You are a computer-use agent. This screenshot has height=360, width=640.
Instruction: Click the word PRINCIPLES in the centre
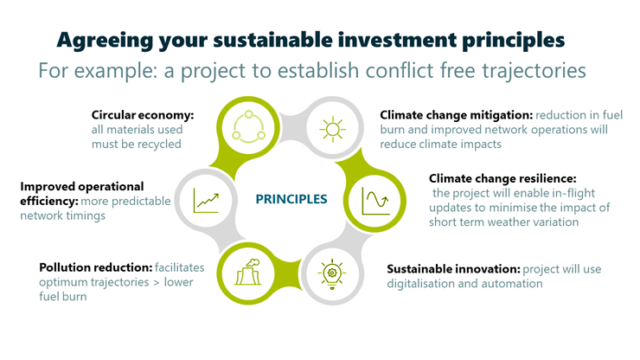tap(291, 199)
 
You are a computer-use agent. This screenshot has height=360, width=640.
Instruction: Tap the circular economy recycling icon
tap(248, 127)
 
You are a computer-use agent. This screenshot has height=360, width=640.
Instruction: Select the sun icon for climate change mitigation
tap(333, 129)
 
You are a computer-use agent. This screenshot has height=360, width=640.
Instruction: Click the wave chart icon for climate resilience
tap(375, 201)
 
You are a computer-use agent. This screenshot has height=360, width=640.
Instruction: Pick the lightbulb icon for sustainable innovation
tap(332, 273)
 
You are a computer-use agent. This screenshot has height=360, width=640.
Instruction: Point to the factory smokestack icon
tap(247, 272)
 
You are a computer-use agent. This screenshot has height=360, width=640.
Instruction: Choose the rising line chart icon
tap(207, 201)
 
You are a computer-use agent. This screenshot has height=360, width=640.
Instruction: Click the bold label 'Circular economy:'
tap(143, 115)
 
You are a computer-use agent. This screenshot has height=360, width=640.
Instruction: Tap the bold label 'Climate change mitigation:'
tap(457, 115)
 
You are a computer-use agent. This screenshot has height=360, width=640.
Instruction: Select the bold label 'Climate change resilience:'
tap(502, 178)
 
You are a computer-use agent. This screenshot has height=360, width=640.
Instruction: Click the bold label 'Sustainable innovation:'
tap(453, 269)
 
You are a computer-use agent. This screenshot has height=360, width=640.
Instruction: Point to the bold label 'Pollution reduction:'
tap(95, 267)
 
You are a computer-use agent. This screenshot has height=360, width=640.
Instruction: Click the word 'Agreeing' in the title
tap(105, 41)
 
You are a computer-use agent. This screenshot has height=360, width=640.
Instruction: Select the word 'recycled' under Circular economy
tap(158, 145)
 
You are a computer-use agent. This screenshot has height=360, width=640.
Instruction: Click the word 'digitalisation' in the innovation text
tap(422, 284)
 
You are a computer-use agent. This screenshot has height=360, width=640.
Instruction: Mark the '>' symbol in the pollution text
tap(157, 282)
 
